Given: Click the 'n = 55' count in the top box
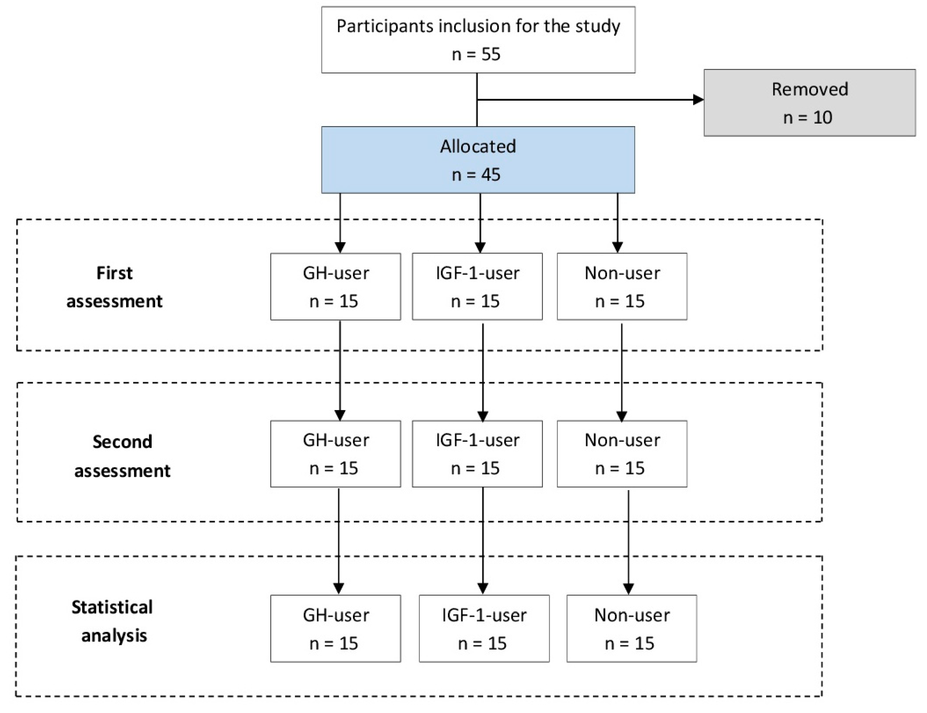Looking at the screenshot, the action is click(476, 54).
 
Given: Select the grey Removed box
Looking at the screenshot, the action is click(809, 103).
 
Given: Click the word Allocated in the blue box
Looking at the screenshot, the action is click(478, 146).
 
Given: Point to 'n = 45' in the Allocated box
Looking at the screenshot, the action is click(476, 174).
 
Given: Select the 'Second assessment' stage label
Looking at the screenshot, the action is click(122, 456).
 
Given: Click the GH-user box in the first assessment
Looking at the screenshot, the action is click(336, 287).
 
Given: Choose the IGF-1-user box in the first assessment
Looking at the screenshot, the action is click(477, 287).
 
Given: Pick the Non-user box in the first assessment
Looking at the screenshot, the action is click(622, 287).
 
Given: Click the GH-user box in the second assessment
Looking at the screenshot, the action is click(336, 454).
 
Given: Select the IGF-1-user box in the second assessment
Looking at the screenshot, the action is click(477, 454).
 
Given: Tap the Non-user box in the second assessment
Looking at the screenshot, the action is click(622, 454).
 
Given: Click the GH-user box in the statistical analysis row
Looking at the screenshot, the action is click(336, 628).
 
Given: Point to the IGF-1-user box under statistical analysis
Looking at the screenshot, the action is click(484, 628).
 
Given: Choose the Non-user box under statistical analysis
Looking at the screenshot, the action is click(632, 628).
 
